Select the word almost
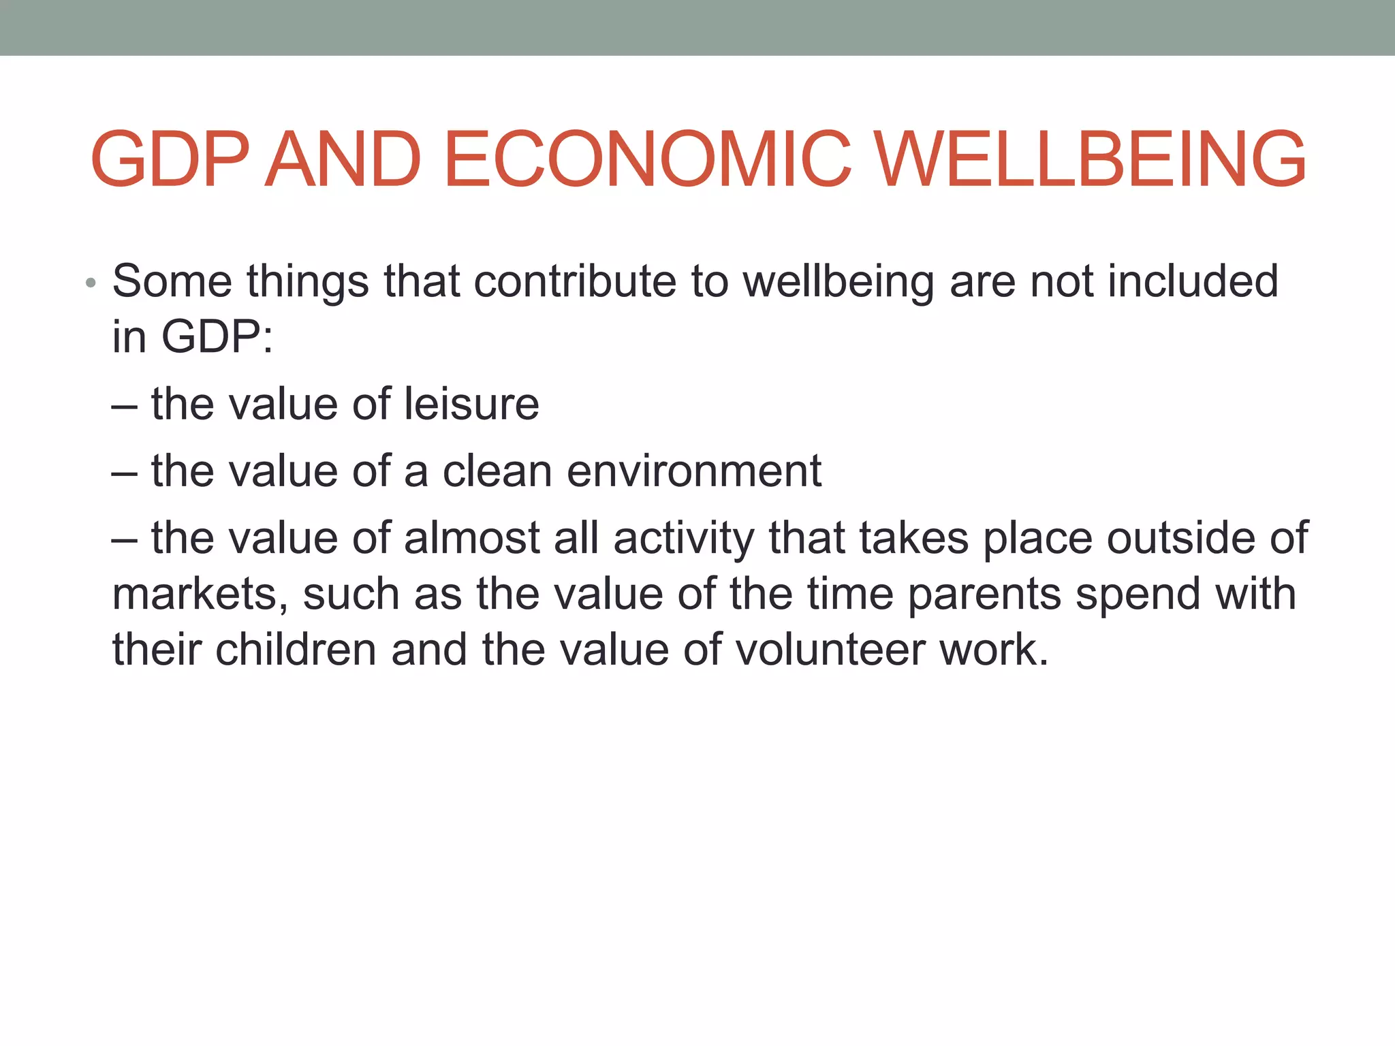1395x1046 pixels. coord(472,538)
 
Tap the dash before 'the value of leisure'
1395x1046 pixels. coord(124,406)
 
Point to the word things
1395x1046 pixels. coord(307,282)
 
